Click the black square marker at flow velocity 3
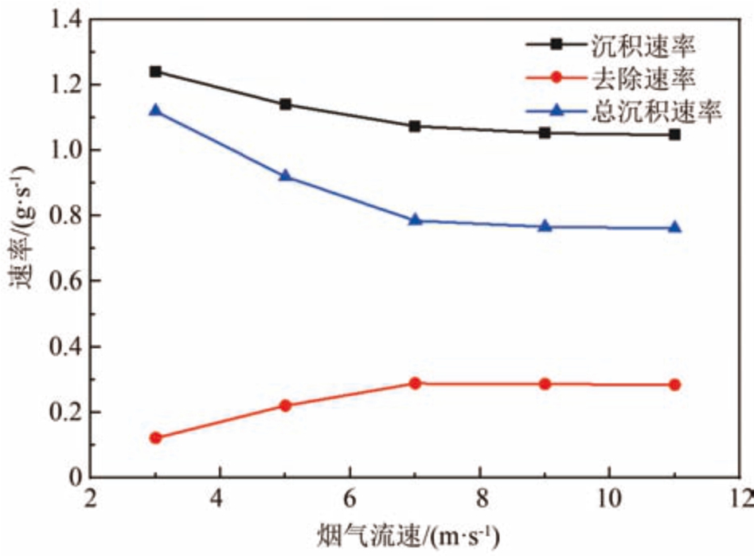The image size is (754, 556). point(155,72)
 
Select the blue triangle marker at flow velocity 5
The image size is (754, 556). point(285,175)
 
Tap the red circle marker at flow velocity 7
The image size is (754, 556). point(415,383)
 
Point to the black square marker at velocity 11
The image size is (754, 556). point(674,135)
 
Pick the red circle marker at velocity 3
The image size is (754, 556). point(155,437)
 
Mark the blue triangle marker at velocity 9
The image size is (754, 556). point(545,226)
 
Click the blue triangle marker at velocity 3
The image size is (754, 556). point(155,110)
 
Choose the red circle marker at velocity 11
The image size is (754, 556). point(674,385)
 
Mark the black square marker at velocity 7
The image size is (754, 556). point(415,126)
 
